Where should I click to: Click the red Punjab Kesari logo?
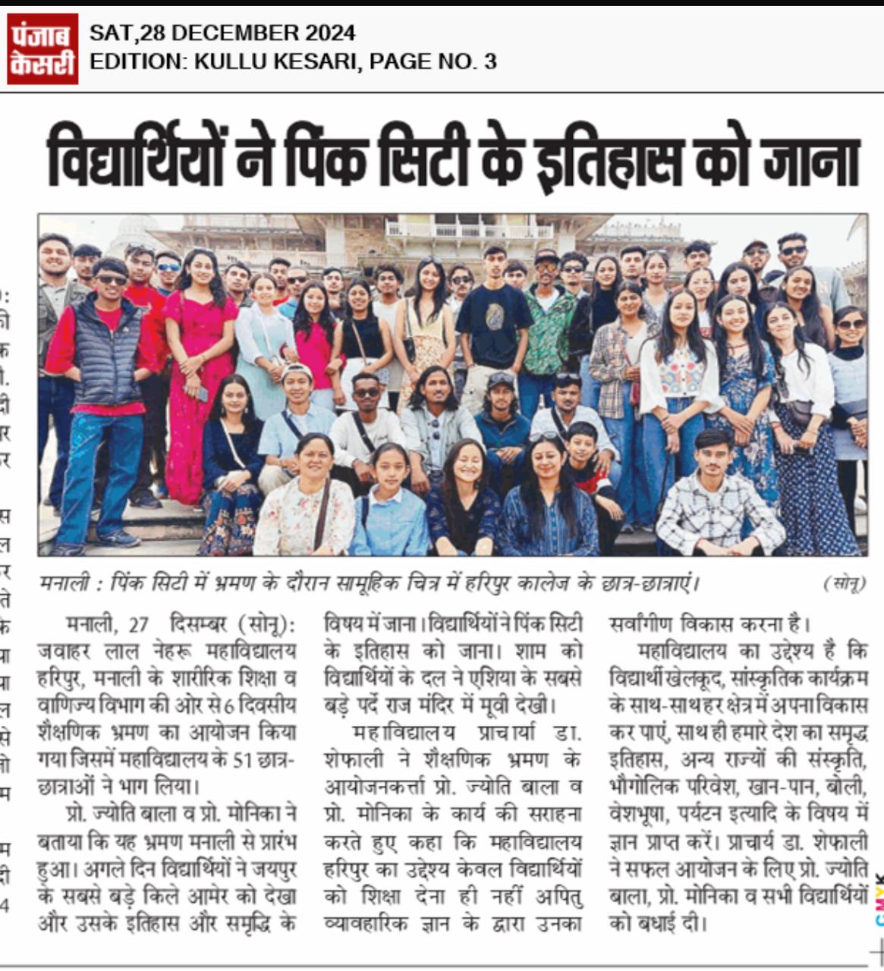(42, 48)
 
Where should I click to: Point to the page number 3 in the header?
(490, 61)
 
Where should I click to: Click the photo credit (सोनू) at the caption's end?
(844, 583)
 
